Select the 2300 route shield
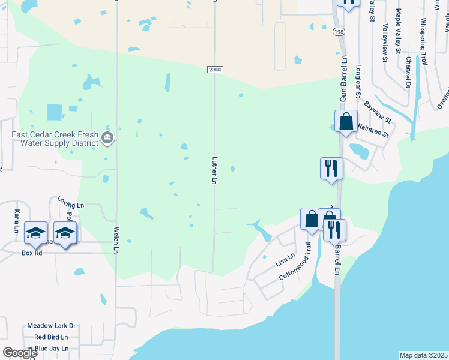tap(215, 70)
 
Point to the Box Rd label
tap(32, 253)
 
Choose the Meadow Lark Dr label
tap(51, 326)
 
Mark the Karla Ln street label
tap(16, 221)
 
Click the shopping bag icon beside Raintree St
tap(346, 122)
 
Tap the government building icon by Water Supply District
tap(107, 138)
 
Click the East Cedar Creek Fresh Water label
tap(55, 134)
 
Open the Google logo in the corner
tap(20, 353)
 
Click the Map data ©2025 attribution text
tap(423, 355)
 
